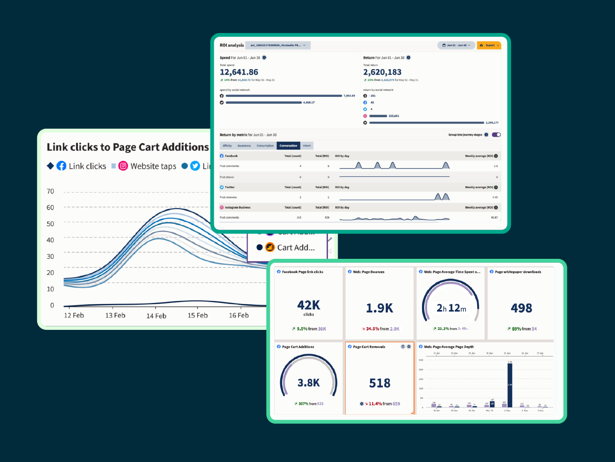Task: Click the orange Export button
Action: pos(489,45)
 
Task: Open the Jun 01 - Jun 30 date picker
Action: pos(456,45)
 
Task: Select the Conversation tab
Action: pos(288,146)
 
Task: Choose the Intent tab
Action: pos(307,146)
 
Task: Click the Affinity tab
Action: pos(227,146)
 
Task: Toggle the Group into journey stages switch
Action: pos(496,135)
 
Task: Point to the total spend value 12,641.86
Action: pos(239,72)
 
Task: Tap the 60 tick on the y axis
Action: pos(50,208)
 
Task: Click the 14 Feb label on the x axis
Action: pos(156,315)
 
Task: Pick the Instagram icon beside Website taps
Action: pos(123,166)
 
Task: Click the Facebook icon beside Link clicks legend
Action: pos(61,166)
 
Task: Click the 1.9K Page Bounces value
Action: pos(379,308)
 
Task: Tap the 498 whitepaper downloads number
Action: pos(521,308)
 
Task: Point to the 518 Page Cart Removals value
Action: pos(379,383)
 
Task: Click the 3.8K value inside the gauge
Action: pos(308,383)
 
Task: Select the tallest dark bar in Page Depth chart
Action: pos(510,385)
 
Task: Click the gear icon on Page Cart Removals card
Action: pos(409,347)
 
